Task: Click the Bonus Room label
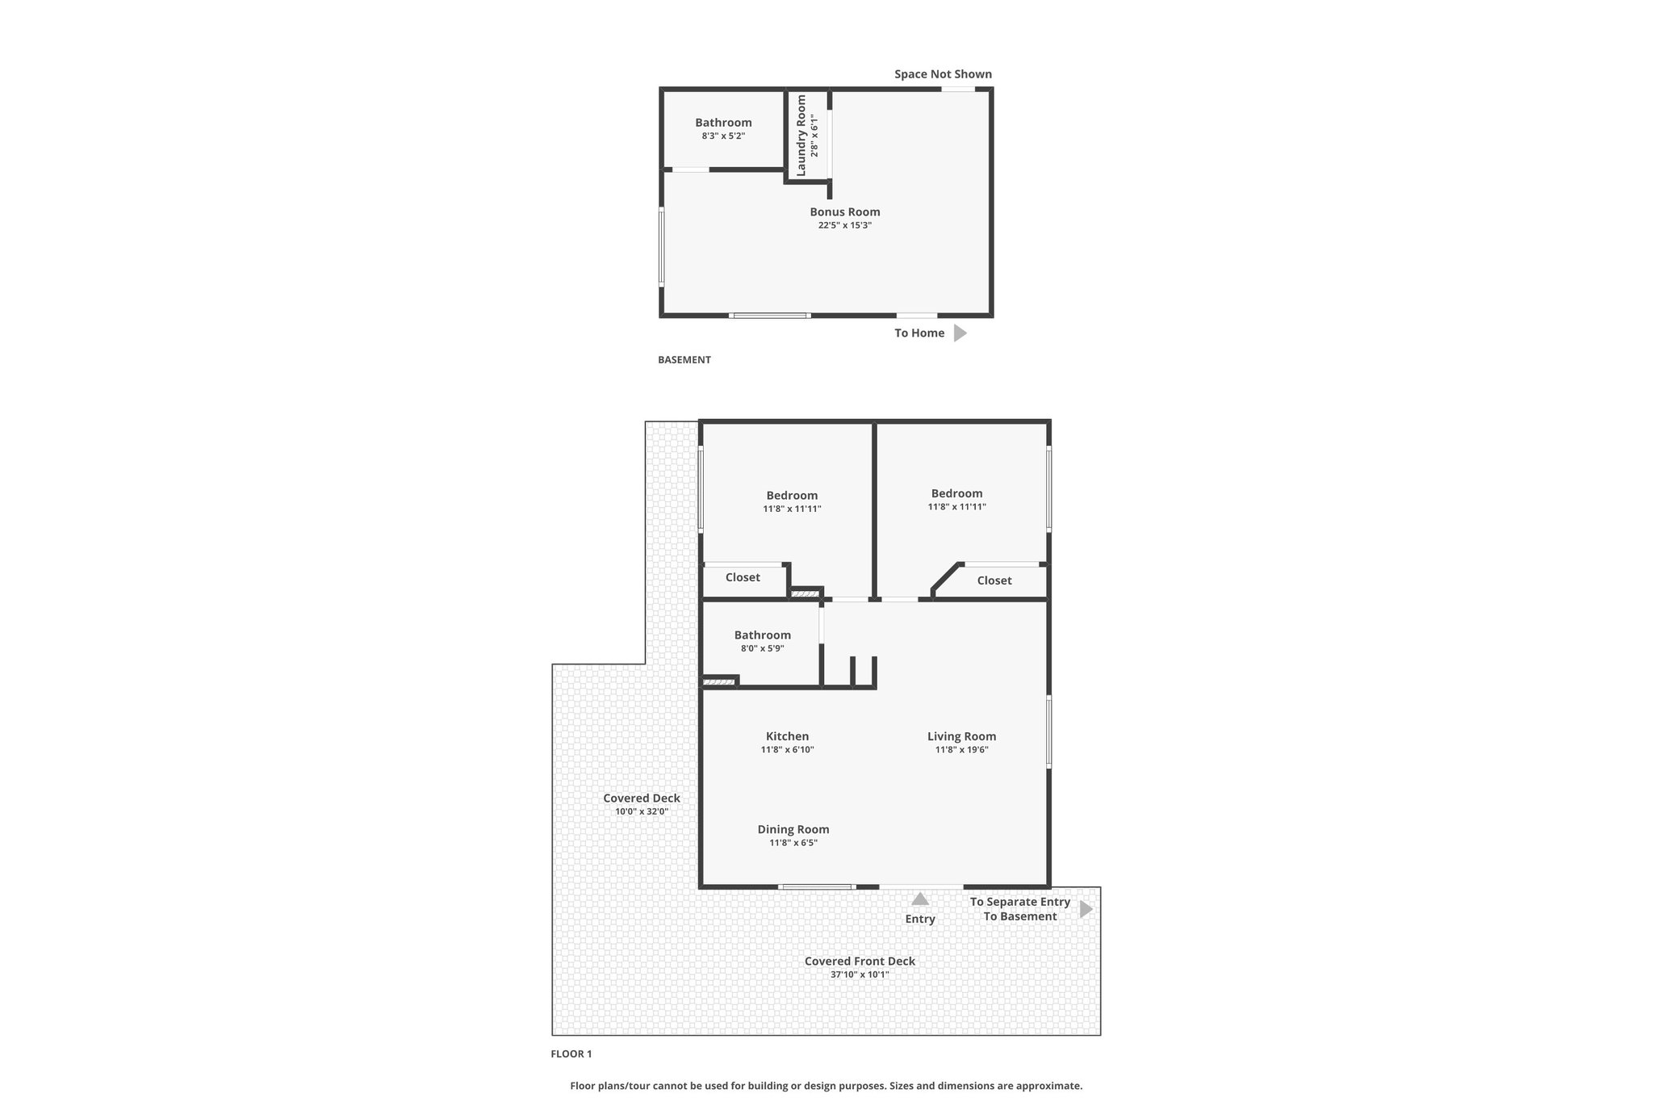(x=845, y=212)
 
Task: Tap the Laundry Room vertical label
(x=801, y=136)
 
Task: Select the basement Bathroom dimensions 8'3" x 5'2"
(x=723, y=136)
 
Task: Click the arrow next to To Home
(x=960, y=333)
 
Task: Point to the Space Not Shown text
(x=943, y=74)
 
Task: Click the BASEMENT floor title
(x=684, y=360)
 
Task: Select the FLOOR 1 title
(x=571, y=1054)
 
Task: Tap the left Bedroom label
(x=792, y=496)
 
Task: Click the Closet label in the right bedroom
(x=994, y=580)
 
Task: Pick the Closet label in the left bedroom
(x=743, y=577)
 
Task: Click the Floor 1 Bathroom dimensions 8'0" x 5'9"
(x=762, y=648)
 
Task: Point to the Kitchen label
(x=787, y=736)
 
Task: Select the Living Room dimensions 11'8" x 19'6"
(x=961, y=750)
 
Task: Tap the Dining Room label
(x=793, y=829)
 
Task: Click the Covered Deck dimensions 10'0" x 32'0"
(x=642, y=812)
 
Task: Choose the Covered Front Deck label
(x=860, y=961)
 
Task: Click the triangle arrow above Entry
(x=920, y=899)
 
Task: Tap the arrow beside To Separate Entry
(x=1086, y=909)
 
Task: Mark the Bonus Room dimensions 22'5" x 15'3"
(x=845, y=225)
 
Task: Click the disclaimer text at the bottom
(x=826, y=1086)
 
